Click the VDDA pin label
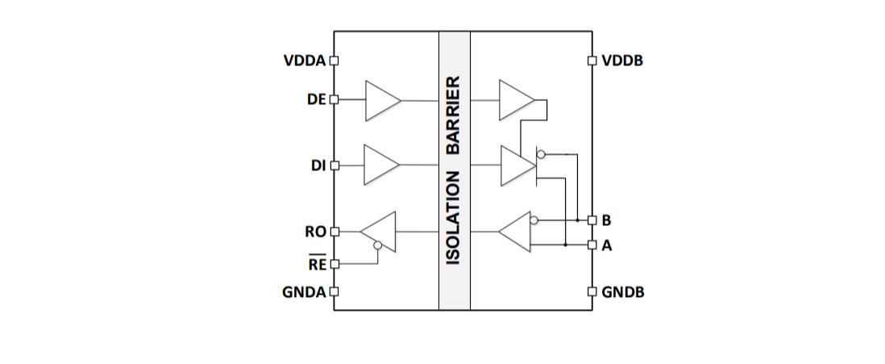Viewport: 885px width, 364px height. [305, 61]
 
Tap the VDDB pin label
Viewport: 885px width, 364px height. [622, 61]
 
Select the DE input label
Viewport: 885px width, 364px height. [317, 99]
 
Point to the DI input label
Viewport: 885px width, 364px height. [318, 165]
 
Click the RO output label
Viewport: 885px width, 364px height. [316, 232]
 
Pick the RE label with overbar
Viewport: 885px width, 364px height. [317, 263]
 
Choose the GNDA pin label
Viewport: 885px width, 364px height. [304, 292]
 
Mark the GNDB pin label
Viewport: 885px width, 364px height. [623, 292]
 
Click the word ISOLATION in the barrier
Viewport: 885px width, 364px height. [454, 217]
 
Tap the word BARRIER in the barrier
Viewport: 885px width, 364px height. [454, 115]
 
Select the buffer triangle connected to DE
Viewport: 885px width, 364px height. [382, 100]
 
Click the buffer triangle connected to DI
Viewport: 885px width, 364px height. [381, 165]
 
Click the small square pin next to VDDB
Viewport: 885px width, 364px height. [592, 61]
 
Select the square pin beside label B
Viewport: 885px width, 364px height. [592, 220]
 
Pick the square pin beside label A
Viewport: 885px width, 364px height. [592, 245]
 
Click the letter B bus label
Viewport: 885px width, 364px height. [606, 220]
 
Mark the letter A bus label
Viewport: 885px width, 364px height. [607, 245]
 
